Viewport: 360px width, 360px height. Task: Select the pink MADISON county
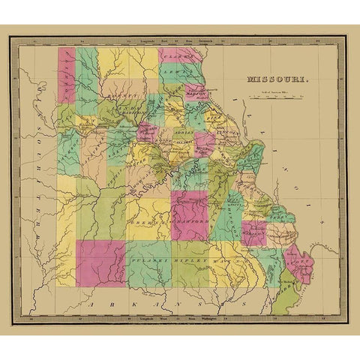click(253, 232)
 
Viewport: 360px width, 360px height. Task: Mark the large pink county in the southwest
click(100, 262)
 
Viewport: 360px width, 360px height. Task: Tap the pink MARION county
click(196, 92)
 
